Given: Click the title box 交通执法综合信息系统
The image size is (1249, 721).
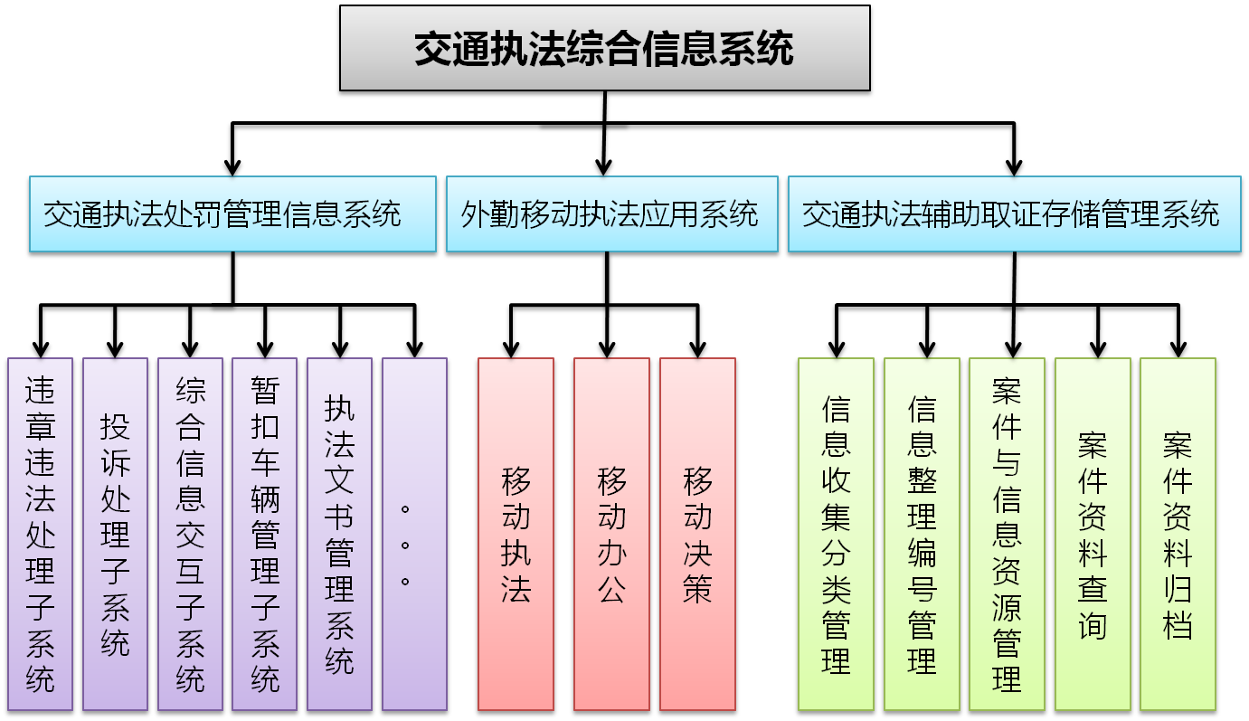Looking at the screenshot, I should [604, 48].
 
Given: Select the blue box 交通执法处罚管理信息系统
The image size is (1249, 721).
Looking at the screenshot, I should [232, 214].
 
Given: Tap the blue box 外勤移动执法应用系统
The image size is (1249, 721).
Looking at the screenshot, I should [611, 214].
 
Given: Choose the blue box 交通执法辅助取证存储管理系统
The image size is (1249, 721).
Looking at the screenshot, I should [1014, 214].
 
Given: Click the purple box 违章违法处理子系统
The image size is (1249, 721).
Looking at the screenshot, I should [41, 534].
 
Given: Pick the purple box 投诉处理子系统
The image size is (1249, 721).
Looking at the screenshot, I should [115, 534].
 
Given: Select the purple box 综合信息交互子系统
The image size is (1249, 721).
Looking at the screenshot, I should [190, 534].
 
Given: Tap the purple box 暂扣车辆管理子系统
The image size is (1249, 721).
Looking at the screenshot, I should [265, 534].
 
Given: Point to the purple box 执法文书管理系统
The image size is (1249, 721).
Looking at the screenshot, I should [339, 534].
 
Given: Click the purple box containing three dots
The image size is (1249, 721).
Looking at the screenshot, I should [414, 534].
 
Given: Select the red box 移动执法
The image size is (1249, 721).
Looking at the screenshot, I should [516, 534].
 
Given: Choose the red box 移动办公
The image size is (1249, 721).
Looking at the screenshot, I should [611, 534].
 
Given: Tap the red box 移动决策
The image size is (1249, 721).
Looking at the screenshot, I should [697, 534].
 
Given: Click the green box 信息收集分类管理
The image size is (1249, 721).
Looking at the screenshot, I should [836, 534].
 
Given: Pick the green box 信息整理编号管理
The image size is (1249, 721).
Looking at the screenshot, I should [922, 534].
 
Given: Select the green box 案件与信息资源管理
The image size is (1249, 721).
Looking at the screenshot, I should [1007, 534].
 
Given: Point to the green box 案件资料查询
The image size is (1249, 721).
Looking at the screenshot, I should [1093, 534].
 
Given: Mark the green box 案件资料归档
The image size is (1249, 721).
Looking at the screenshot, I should [1178, 534].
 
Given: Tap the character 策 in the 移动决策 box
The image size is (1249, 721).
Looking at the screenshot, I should [697, 589].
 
